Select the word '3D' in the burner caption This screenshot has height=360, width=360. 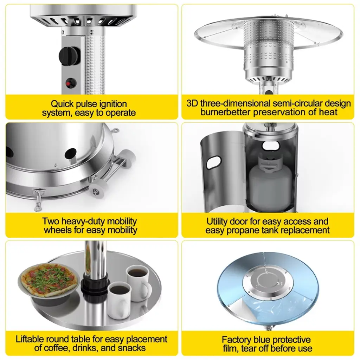click(x=192, y=103)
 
